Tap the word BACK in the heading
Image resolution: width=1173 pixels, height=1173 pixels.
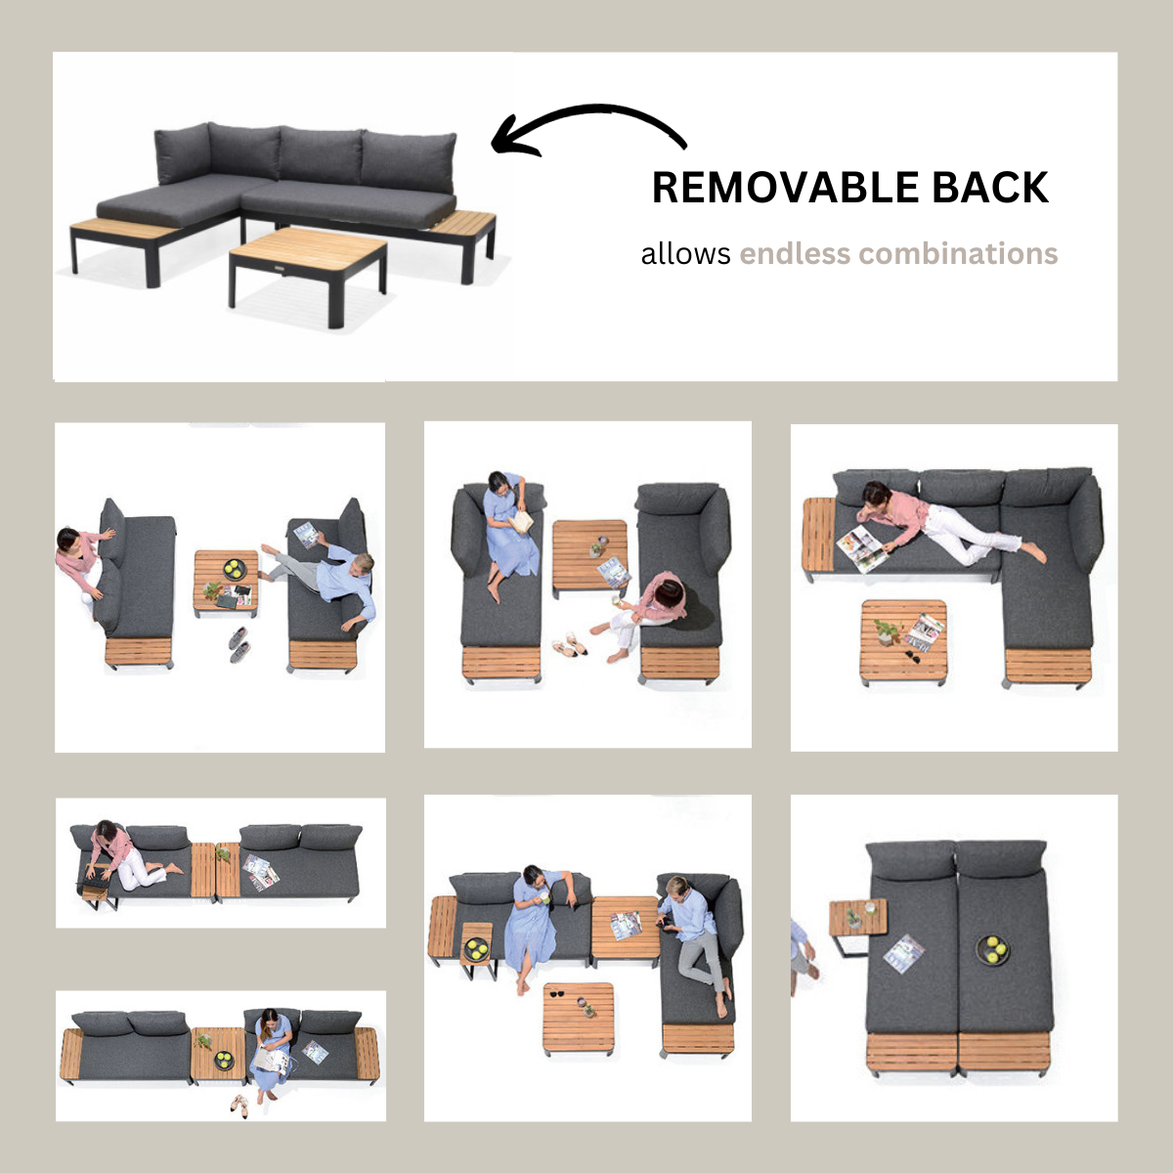[x=991, y=188]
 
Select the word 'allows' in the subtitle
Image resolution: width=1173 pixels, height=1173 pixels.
[x=685, y=254]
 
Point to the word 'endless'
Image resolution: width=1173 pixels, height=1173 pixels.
[x=795, y=254]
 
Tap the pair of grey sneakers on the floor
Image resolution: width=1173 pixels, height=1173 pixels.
[x=239, y=644]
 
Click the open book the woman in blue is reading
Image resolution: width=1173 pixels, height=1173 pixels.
[x=520, y=521]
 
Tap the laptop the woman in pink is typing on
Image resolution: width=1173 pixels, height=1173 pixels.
[x=91, y=884]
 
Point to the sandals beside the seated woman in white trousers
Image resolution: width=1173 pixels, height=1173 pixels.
[x=570, y=643]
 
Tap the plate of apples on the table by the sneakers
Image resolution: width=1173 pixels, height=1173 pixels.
[x=234, y=570]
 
